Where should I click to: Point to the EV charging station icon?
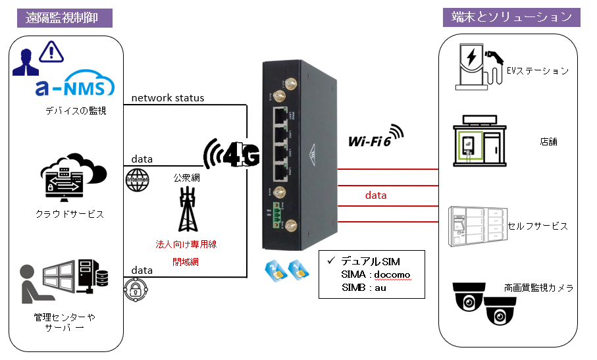pos(475,64)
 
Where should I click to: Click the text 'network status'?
pos(168,98)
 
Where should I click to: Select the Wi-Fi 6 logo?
pos(375,140)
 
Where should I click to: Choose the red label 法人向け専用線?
pos(186,244)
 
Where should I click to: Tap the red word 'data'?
pos(376,195)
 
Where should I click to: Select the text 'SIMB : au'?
pos(364,288)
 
